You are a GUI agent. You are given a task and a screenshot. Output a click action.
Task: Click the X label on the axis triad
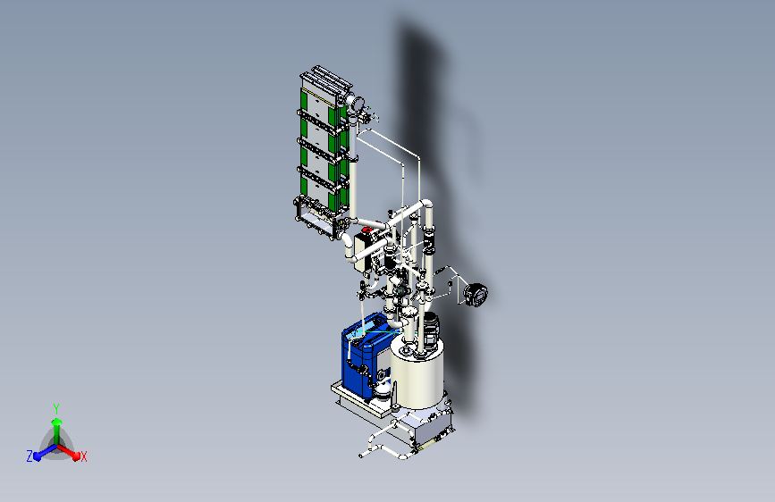pyautogui.click(x=83, y=456)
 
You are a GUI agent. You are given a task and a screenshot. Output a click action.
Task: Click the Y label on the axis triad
pyautogui.click(x=56, y=409)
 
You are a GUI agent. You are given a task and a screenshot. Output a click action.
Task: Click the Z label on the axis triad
pyautogui.click(x=29, y=456)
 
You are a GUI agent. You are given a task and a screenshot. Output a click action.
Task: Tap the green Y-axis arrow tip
pyautogui.click(x=57, y=422)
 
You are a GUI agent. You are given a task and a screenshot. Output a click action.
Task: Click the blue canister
pyautogui.click(x=363, y=355)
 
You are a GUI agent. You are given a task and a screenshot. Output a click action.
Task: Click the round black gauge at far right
pyautogui.click(x=476, y=295)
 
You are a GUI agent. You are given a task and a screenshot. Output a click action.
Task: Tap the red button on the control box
pyautogui.click(x=366, y=230)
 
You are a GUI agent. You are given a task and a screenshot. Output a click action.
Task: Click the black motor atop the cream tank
pyautogui.click(x=430, y=328)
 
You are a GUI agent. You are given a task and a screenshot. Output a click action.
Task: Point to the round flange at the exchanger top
pyautogui.click(x=356, y=104)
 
